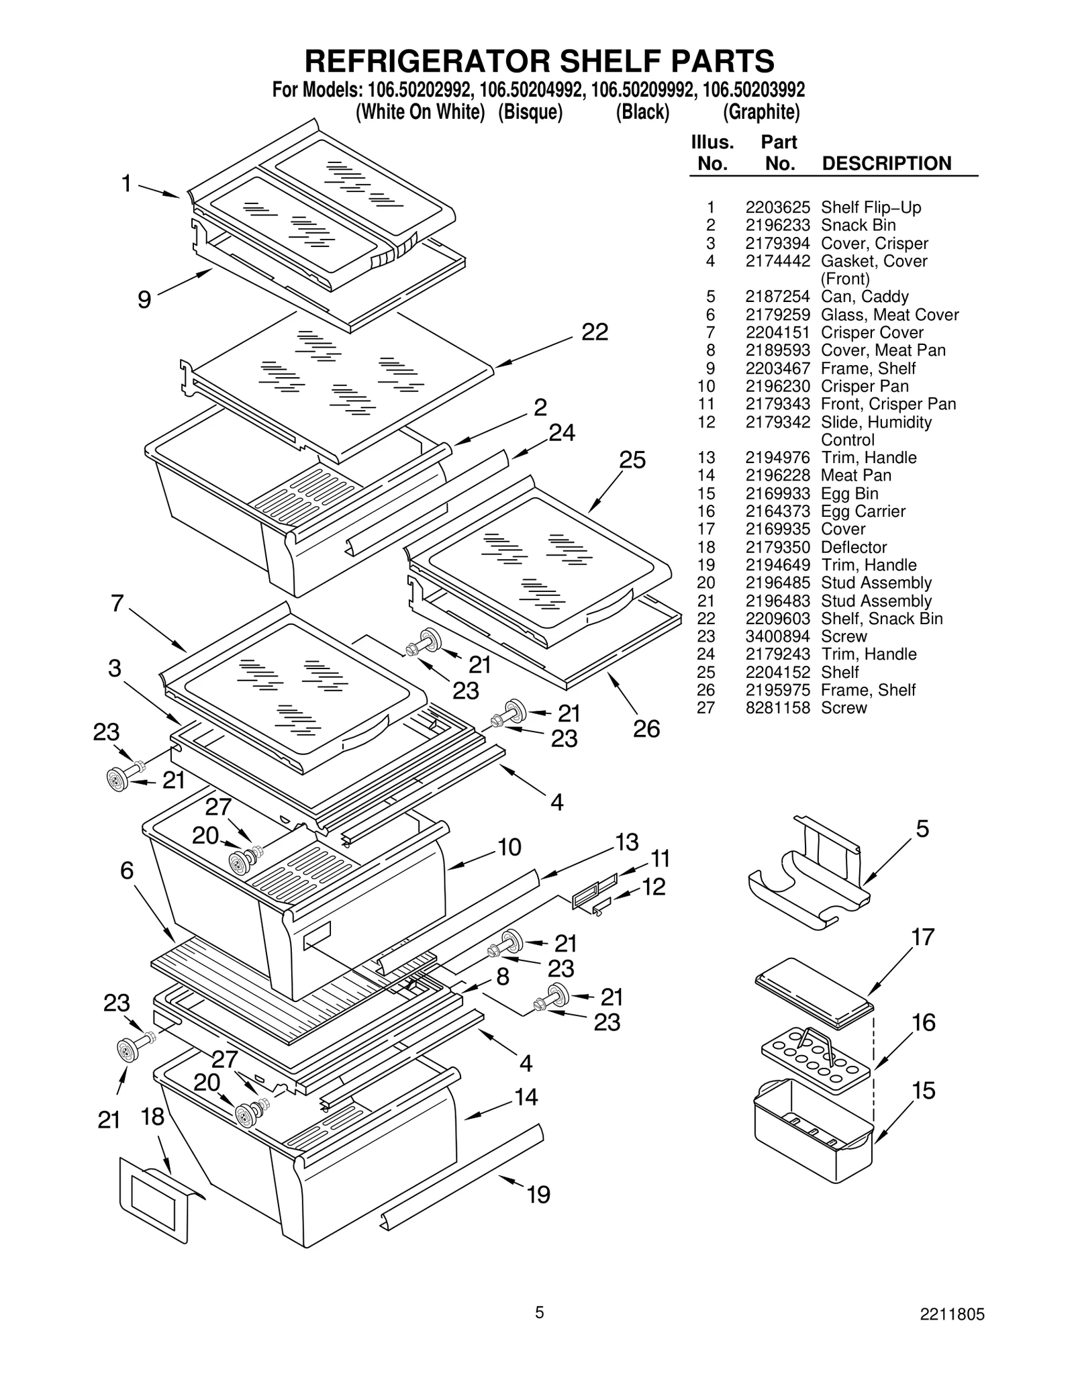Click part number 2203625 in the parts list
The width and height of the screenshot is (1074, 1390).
pos(777,207)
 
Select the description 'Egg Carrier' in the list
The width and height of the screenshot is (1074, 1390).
pos(863,511)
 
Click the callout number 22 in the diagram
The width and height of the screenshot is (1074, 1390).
pos(594,332)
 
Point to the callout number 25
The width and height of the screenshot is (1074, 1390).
pos(632,460)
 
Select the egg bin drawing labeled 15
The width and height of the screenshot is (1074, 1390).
pos(812,1134)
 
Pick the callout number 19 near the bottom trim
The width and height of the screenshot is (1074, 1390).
pos(538,1195)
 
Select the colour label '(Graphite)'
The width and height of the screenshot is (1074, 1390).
pos(761,112)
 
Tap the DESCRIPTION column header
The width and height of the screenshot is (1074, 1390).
pos(886,164)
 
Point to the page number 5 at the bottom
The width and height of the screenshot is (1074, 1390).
pos(539,1313)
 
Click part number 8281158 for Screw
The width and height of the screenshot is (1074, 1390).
pos(777,708)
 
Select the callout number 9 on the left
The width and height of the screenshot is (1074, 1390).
pos(144,299)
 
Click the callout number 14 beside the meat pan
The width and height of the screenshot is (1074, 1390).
pos(526,1097)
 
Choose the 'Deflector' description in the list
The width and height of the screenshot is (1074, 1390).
pos(853,548)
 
